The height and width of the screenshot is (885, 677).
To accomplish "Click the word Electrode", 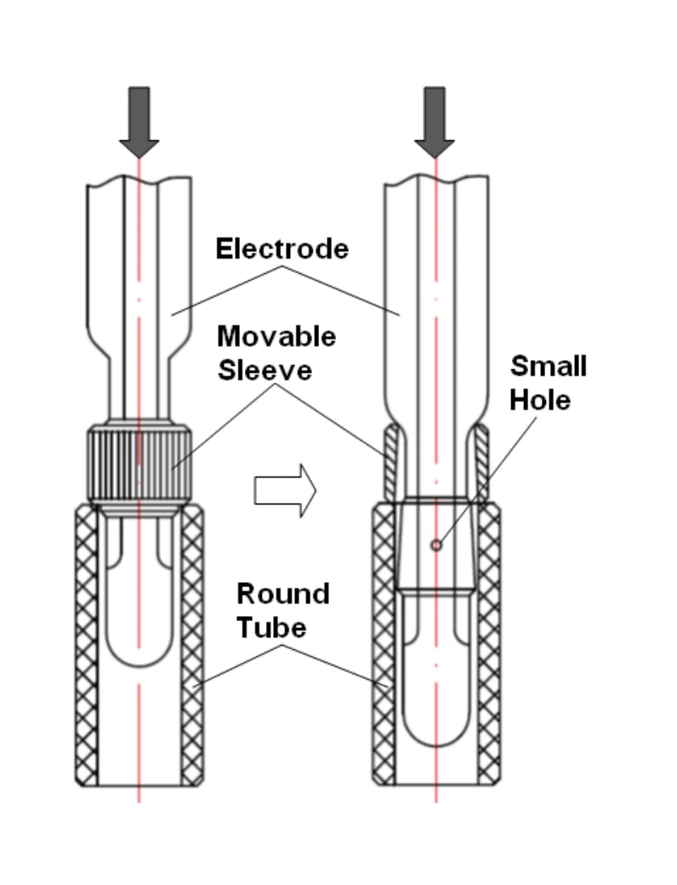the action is click(x=282, y=248).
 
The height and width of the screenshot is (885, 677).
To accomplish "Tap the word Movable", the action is click(x=276, y=337).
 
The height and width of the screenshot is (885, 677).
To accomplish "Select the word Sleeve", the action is click(x=265, y=371).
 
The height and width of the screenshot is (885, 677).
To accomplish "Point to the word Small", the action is click(x=549, y=366).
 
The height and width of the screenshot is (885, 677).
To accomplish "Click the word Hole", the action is click(x=540, y=400).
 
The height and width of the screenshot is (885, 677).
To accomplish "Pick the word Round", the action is click(x=283, y=594).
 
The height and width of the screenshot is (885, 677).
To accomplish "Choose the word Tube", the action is click(x=271, y=628).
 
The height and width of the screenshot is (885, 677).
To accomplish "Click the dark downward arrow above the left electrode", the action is click(x=139, y=122).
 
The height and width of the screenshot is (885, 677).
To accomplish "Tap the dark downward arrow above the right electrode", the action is click(x=435, y=122).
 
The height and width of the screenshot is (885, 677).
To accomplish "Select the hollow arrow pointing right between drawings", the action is click(x=285, y=490).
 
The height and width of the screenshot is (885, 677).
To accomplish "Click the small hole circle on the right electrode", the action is click(x=436, y=545).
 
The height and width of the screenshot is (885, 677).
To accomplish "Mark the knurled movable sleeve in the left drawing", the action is click(x=139, y=465).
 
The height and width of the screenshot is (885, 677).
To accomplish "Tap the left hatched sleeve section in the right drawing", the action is click(x=391, y=463).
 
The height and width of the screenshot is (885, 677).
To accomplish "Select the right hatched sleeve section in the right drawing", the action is click(x=481, y=463).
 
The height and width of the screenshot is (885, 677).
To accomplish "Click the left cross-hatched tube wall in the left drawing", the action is click(x=86, y=645).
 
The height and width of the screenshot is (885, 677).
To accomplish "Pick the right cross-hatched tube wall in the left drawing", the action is click(x=192, y=645).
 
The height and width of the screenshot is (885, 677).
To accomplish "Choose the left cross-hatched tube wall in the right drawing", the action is click(x=384, y=645).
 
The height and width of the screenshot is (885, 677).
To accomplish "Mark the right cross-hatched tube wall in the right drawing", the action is click(x=488, y=645).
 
